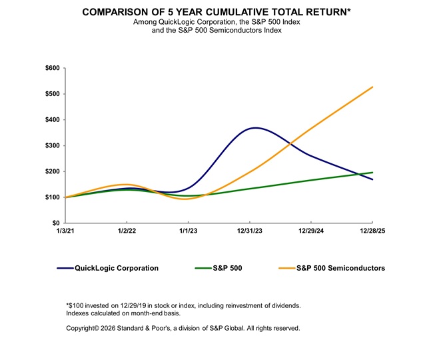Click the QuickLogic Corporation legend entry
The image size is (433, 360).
click(117, 268)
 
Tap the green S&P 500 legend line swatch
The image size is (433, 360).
click(203, 268)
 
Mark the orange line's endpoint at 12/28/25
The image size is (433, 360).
click(372, 87)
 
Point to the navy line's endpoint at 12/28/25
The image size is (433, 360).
click(372, 179)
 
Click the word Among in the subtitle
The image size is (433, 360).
click(146, 23)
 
